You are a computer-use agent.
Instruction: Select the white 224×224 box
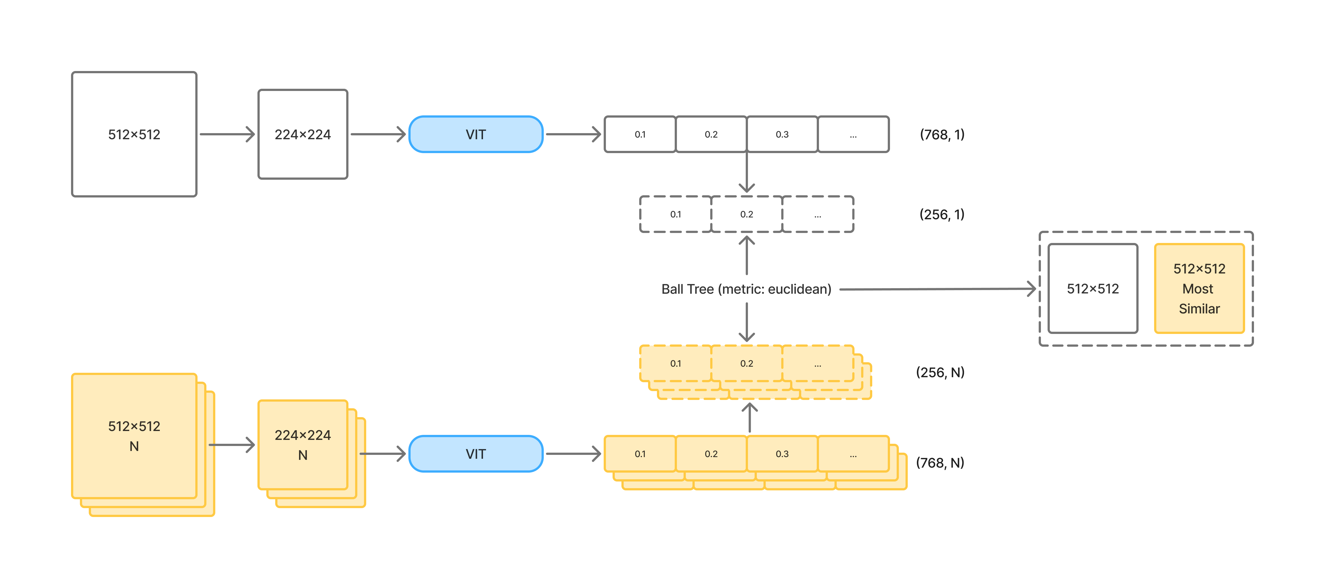click(x=302, y=134)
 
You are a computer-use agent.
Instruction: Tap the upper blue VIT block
click(x=476, y=134)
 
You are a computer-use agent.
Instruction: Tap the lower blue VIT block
click(x=476, y=454)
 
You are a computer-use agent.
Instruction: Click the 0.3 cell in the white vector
click(x=782, y=134)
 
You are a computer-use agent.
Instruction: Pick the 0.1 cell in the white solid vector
click(x=640, y=134)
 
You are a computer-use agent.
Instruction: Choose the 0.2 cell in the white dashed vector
click(x=746, y=214)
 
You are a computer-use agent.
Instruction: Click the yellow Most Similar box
click(x=1199, y=289)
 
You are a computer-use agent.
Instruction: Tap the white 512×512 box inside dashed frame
click(x=1093, y=289)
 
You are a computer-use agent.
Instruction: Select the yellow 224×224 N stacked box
click(x=302, y=445)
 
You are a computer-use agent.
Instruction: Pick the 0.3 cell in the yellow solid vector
click(x=782, y=454)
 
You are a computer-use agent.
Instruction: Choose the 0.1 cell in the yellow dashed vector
click(x=675, y=363)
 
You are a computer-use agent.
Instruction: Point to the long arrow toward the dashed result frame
click(x=936, y=289)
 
